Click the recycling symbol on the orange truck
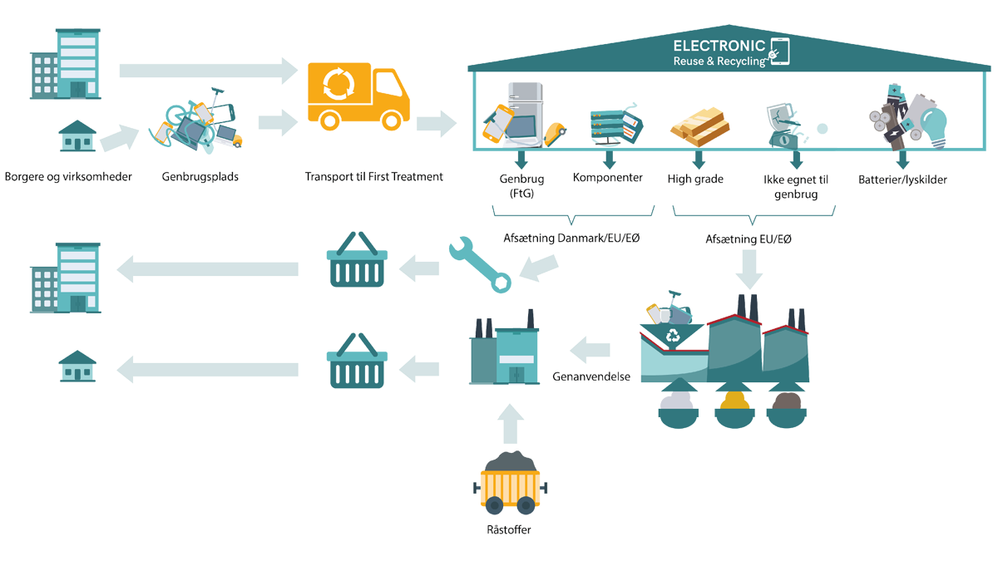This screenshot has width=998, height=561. pos(338,83)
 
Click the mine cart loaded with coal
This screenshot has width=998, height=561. pos(509,486)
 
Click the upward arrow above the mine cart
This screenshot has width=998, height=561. pos(509,422)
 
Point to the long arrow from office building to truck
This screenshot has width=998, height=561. pos(207,70)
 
